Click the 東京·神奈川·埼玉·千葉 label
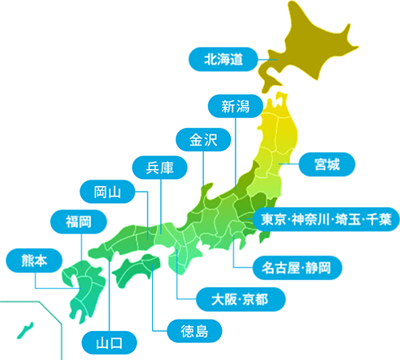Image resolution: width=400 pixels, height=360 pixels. [x=325, y=219]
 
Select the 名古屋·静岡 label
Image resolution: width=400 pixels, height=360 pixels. [x=291, y=265]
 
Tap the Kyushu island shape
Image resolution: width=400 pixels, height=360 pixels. [x=81, y=287]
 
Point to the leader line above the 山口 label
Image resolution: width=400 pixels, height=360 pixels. [x=109, y=299]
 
